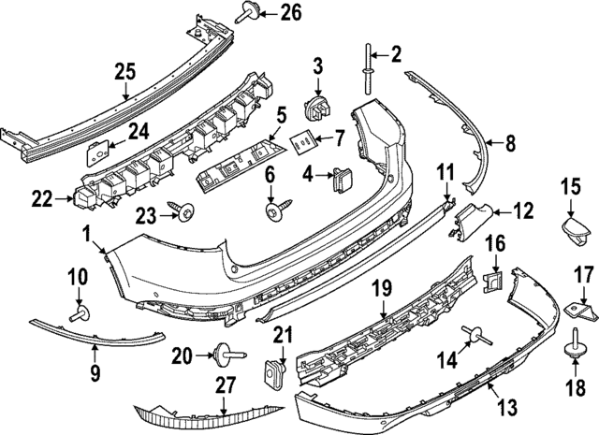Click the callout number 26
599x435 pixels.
[265, 12]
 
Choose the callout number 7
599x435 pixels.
[339, 139]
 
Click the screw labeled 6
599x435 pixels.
[274, 212]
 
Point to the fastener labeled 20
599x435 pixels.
[223, 355]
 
